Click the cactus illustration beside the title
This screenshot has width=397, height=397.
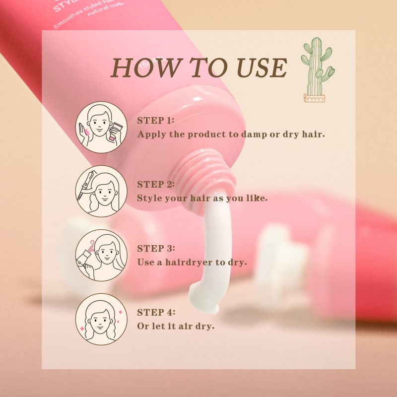tap(317, 69)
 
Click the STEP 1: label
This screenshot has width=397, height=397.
tap(156, 121)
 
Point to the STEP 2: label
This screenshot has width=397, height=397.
tap(156, 184)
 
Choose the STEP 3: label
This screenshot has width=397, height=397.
tap(156, 248)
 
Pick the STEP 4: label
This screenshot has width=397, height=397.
tap(156, 312)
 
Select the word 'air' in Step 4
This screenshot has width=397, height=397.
tap(187, 326)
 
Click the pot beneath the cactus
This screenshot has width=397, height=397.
tap(316, 98)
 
